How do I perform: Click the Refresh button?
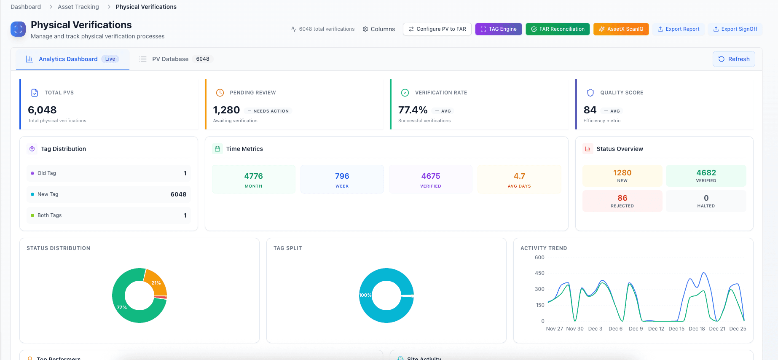(x=734, y=59)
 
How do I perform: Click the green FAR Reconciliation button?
(x=558, y=29)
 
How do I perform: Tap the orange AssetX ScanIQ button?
(x=621, y=29)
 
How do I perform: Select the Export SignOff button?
(x=735, y=29)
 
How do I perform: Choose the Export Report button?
(x=679, y=29)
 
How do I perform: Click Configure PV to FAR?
(x=437, y=29)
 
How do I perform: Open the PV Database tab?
(x=170, y=59)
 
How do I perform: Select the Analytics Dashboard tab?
(x=68, y=59)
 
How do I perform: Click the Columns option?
(x=379, y=29)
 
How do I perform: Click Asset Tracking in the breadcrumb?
(x=78, y=7)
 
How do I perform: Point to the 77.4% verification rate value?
(x=413, y=110)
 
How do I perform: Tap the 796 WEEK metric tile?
(x=342, y=179)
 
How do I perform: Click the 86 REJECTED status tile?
(x=622, y=201)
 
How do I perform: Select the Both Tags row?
(x=108, y=215)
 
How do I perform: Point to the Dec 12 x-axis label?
(x=656, y=329)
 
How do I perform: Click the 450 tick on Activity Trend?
(x=539, y=273)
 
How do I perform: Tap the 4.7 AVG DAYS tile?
(x=519, y=179)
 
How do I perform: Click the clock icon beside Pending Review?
(x=220, y=93)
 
